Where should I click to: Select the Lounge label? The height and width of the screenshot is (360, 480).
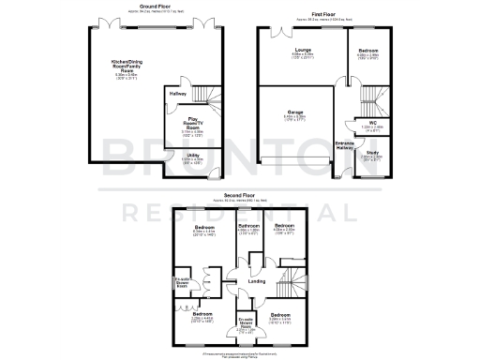click(x=302, y=52)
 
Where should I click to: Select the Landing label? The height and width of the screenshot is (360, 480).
click(x=255, y=281)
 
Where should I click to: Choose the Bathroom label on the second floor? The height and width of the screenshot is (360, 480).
click(x=248, y=227)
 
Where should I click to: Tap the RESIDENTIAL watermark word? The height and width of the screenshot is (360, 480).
click(x=240, y=214)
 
